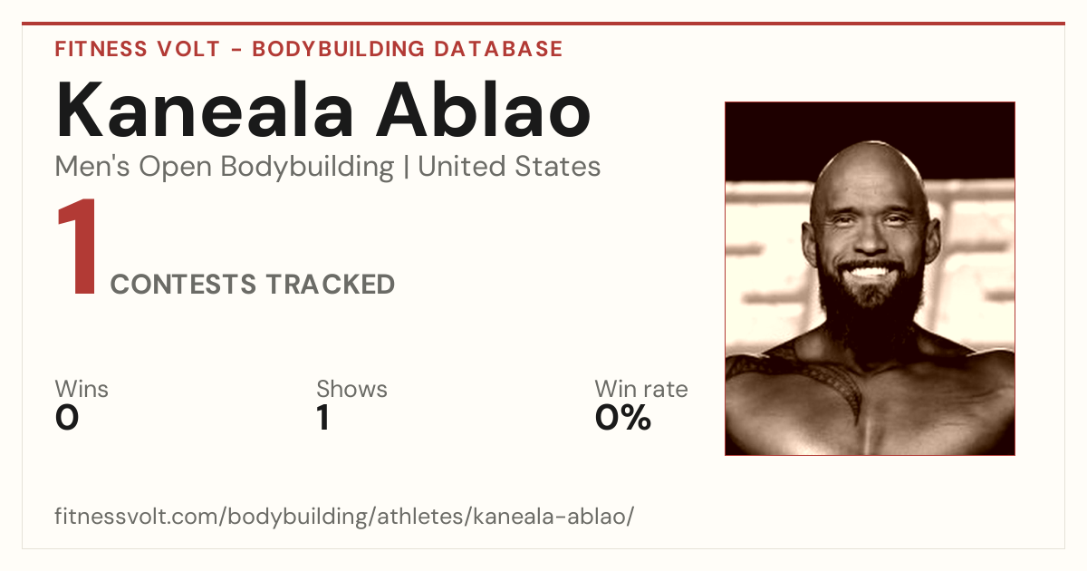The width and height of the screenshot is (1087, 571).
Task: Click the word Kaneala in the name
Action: (205, 110)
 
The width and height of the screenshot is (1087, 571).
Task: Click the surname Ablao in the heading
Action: (484, 110)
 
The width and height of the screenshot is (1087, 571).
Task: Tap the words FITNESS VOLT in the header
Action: (138, 49)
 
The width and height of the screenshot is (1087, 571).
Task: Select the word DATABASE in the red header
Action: (498, 49)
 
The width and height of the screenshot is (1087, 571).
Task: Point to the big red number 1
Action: (78, 247)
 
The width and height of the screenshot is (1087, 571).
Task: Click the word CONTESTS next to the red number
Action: (183, 284)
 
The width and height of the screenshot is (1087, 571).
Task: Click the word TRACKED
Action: (331, 284)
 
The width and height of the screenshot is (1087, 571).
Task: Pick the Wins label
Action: (82, 389)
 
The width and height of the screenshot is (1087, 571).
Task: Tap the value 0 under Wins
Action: (67, 418)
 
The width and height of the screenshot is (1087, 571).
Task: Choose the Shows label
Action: (351, 389)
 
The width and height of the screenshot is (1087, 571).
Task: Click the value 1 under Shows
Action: (323, 418)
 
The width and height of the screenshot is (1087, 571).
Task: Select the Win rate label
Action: (641, 389)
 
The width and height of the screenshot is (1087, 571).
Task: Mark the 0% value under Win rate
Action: (623, 418)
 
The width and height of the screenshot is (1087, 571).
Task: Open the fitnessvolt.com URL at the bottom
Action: (344, 516)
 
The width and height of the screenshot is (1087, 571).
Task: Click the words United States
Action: (509, 167)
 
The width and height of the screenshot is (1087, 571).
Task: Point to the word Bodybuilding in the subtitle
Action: (307, 168)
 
